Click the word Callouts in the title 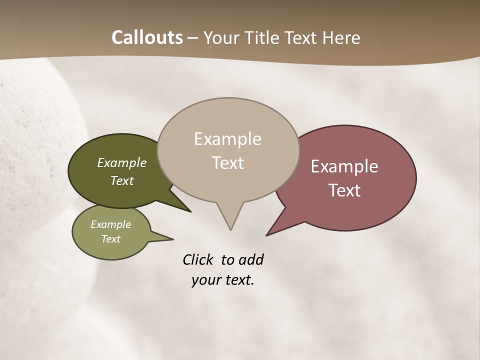pos(147,37)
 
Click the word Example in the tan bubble pos(227,139)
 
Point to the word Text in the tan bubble pos(227,163)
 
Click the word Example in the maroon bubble pos(344,166)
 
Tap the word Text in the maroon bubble pos(344,190)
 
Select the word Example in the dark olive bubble pos(122,162)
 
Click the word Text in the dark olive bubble pos(122,180)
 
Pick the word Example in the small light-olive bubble pos(110,224)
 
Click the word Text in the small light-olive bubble pos(110,239)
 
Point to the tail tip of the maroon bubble pos(267,235)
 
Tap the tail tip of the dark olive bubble pos(190,211)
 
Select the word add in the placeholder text pos(250,259)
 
